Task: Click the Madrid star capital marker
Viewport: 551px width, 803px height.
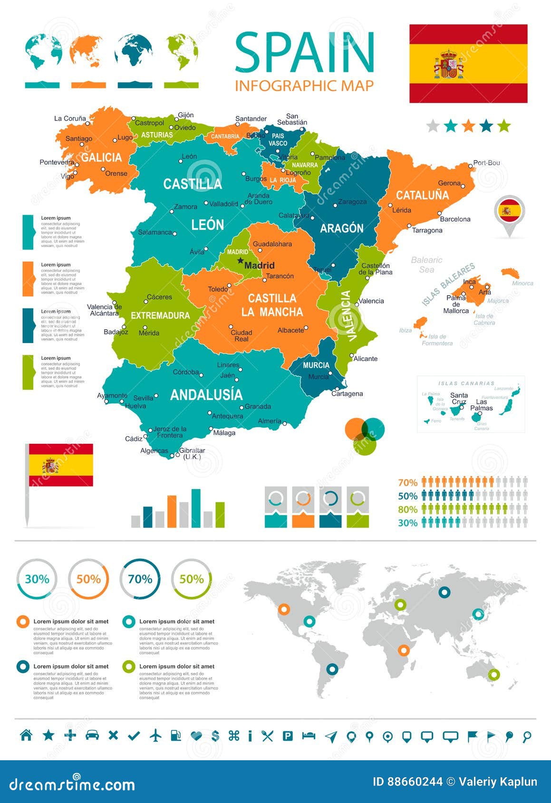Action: pos(241,260)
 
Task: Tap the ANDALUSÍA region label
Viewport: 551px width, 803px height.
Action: pos(206,395)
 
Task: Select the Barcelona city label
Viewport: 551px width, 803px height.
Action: pos(455,219)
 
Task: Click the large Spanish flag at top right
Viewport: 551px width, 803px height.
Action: pos(468,64)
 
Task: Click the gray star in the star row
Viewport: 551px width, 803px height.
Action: pos(433,126)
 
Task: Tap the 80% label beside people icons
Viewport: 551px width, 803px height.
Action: pos(407,509)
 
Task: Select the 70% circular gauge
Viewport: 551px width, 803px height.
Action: pos(140,579)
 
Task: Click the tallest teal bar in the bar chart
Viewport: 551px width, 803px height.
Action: pos(196,508)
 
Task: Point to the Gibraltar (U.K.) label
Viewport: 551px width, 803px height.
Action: pos(192,453)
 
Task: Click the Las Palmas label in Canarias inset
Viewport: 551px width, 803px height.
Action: pos(482,405)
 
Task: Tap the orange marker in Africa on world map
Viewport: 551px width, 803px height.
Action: pos(404,650)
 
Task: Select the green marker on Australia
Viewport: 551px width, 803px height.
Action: pos(494,674)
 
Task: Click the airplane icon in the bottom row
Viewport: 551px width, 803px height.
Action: pos(155,736)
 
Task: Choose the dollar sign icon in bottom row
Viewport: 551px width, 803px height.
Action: pos(215,736)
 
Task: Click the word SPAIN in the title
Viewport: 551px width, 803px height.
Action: pos(304,53)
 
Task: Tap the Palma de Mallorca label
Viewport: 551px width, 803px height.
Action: pos(456,304)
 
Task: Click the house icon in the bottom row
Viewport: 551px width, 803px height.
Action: pos(26,736)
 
